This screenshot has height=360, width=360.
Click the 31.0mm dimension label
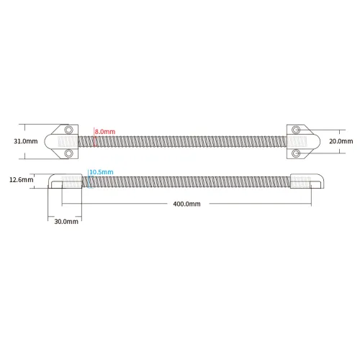(26, 141)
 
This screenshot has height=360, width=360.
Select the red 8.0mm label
(105, 132)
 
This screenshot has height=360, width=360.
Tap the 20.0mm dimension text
(341, 141)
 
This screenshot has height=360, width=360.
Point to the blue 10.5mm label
(102, 172)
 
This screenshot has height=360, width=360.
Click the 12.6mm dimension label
(22, 179)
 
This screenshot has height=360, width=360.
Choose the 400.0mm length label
(186, 204)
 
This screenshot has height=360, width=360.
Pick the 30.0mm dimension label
(66, 221)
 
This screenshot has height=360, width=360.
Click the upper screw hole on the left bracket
(68, 130)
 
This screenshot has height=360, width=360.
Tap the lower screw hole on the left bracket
(68, 153)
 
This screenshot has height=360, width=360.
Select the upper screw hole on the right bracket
(296, 130)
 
